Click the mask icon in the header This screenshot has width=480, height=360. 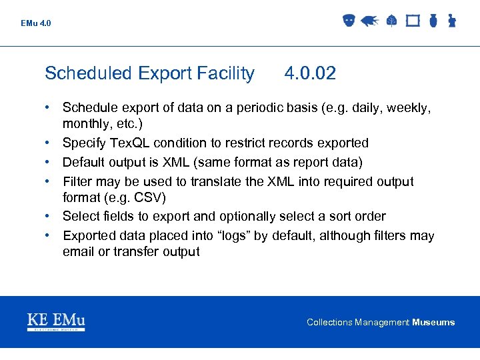click(x=347, y=21)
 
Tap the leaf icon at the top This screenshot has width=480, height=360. click(x=391, y=21)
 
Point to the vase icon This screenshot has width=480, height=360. click(x=433, y=21)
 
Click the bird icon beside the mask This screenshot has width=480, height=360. click(x=369, y=21)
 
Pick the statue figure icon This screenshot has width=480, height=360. click(x=451, y=21)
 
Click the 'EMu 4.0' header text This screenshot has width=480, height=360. click(x=36, y=23)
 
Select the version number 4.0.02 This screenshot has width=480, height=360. click(x=310, y=73)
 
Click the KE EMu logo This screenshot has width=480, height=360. click(x=56, y=322)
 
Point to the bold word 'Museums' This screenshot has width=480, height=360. click(x=433, y=323)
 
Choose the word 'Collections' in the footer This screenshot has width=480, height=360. click(x=329, y=323)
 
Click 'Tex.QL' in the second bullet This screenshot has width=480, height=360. click(x=131, y=143)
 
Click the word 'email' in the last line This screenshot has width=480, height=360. click(x=79, y=251)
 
